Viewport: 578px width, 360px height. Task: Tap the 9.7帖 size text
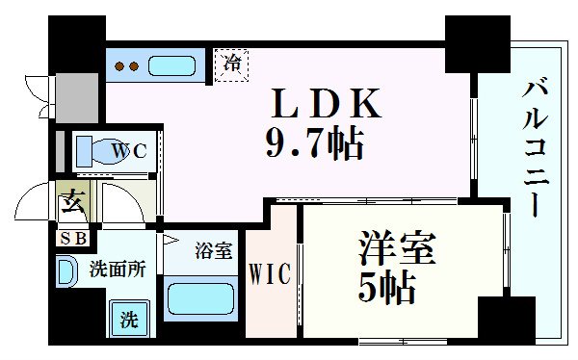[314, 144]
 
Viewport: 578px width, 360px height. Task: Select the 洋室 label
[387, 248]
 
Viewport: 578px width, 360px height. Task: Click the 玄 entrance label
[72, 203]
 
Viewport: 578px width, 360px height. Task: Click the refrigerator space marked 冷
[232, 65]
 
